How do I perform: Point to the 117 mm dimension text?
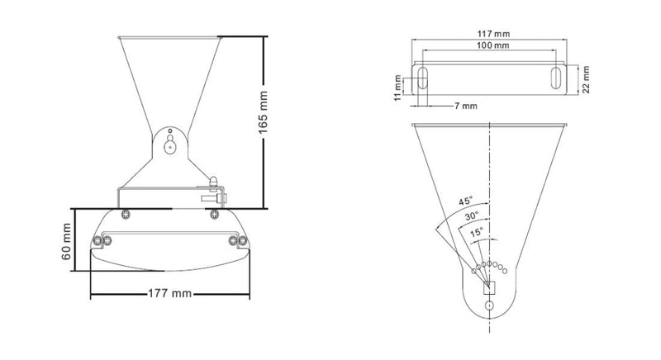[x=492, y=33]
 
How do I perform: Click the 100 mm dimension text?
[x=492, y=46]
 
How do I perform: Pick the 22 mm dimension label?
[x=586, y=80]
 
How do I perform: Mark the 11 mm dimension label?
[x=398, y=87]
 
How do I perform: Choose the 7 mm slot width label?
[x=464, y=107]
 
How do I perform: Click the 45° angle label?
[x=467, y=200]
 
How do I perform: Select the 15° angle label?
[x=478, y=234]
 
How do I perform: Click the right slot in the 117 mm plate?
[x=556, y=80]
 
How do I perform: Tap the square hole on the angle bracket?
[x=489, y=287]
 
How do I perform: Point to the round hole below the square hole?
[x=489, y=306]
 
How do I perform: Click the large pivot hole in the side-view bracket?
[x=169, y=147]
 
